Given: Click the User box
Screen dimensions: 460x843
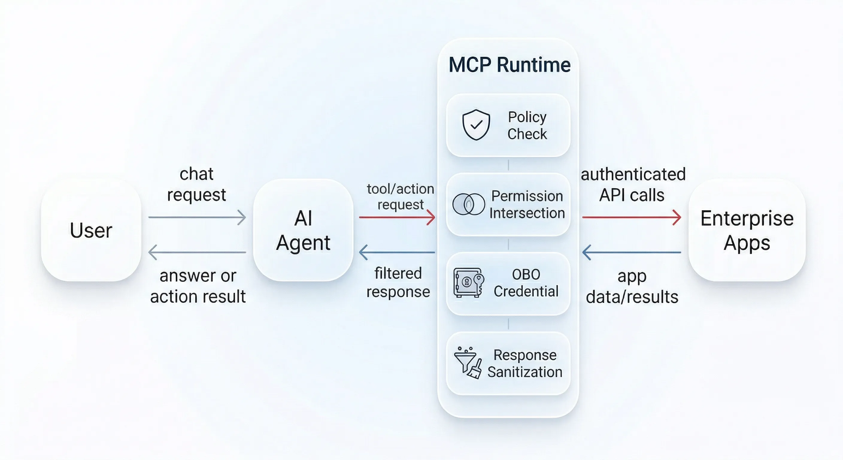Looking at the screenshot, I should pos(91,230).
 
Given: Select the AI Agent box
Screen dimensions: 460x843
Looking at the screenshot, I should pos(303,230).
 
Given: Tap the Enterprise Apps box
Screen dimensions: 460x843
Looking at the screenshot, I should pos(747,230).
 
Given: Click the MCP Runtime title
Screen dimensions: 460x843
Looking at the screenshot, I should pos(509,64).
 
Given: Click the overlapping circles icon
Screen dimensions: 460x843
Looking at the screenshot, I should pos(468,204).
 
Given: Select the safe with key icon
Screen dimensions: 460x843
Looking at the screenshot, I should pos(468,282).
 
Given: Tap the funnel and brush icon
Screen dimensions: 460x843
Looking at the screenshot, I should pos(468,363).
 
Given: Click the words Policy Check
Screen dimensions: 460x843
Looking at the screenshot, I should pos(527,125).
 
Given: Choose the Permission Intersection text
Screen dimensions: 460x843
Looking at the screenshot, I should pos(527,204).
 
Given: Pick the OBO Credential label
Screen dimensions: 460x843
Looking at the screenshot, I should pos(526,283).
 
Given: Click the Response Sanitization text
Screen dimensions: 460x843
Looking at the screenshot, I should pos(525,363).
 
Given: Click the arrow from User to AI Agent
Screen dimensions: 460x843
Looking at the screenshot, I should pos(197,217).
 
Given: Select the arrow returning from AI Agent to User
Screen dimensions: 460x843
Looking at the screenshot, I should pos(197,252).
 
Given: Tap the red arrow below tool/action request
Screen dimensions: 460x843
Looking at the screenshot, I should pos(397,217).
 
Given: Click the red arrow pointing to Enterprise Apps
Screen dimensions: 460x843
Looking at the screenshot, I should pos(631,217).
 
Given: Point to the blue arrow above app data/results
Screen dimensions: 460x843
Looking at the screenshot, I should pos(631,252).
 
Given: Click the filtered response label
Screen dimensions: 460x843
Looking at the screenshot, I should pos(398,282).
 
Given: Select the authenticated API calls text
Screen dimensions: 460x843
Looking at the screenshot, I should pos(633,184).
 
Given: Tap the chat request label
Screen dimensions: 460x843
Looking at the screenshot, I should pos(196,184).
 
